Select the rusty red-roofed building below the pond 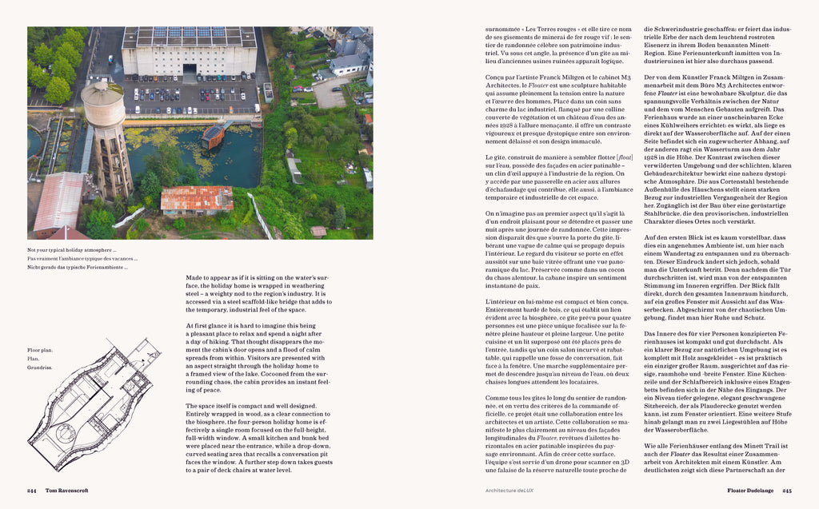[196, 198]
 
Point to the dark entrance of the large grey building [190, 70]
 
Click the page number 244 [31, 491]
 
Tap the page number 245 [786, 491]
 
